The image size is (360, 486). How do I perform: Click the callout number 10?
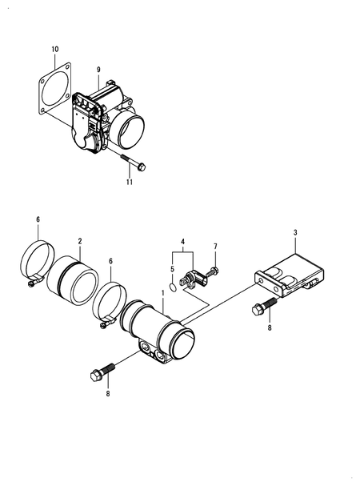pyautogui.click(x=55, y=50)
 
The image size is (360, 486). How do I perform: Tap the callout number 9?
pyautogui.click(x=98, y=70)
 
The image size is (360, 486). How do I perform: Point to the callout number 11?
pyautogui.click(x=128, y=183)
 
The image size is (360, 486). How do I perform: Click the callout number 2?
pyautogui.click(x=79, y=240)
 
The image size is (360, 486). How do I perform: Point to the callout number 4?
pyautogui.click(x=183, y=241)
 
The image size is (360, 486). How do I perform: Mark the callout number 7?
pyautogui.click(x=215, y=246)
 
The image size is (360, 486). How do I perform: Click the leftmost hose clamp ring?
pyautogui.click(x=36, y=262)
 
